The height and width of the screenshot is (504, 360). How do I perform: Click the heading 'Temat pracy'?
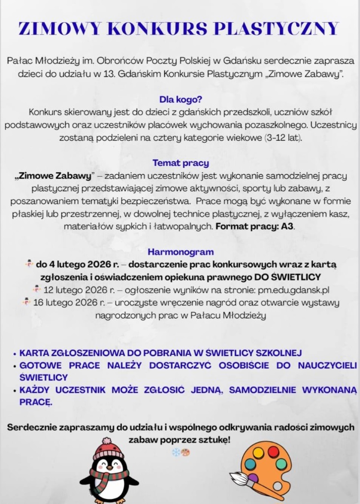(180, 163)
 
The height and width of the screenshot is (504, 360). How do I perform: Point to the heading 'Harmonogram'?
(180, 252)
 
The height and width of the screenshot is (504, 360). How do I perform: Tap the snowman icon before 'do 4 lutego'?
(29, 264)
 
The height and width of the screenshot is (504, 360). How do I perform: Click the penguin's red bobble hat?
(108, 448)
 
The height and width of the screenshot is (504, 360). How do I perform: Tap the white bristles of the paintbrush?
(239, 478)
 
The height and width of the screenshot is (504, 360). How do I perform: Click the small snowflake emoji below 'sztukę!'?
(176, 452)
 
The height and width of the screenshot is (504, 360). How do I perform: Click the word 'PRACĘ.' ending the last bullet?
(35, 402)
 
